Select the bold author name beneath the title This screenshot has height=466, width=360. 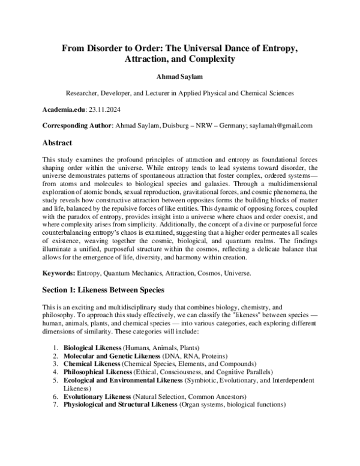(x=179, y=78)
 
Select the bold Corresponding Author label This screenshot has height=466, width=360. (x=77, y=127)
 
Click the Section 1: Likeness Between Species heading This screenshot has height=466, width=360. (x=103, y=290)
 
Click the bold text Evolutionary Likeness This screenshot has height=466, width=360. (x=96, y=397)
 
